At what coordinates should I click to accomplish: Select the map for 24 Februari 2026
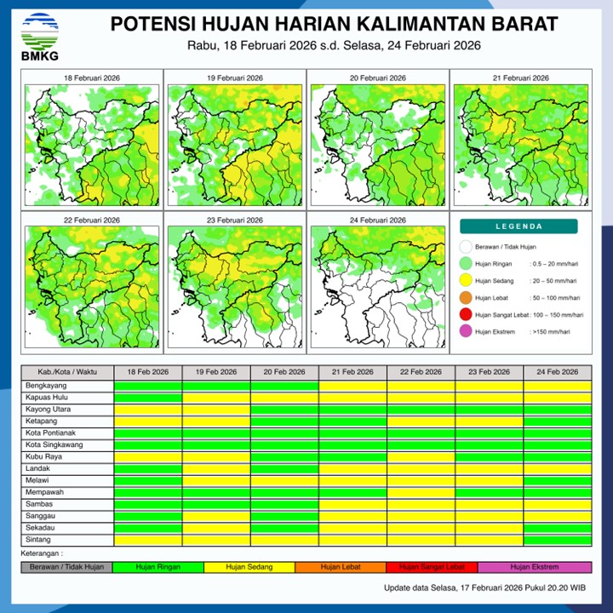[x=378, y=285]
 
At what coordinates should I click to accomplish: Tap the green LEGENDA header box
[x=518, y=226]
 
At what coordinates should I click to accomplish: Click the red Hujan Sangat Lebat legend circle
[x=466, y=315]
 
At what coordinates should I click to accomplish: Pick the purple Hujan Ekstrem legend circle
[x=466, y=332]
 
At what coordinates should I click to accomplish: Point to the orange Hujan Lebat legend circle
[x=466, y=298]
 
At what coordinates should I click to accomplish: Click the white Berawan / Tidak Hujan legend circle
[x=466, y=247]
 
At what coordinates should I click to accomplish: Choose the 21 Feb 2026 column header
[x=352, y=372]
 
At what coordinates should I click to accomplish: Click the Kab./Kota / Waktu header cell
[x=67, y=372]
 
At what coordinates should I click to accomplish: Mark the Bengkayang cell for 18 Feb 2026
[x=148, y=386]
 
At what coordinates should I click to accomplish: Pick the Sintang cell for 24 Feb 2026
[x=557, y=540]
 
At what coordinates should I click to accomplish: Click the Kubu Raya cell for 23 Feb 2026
[x=489, y=457]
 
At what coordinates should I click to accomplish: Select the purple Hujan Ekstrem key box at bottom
[x=535, y=567]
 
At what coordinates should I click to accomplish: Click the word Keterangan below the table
[x=43, y=553]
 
